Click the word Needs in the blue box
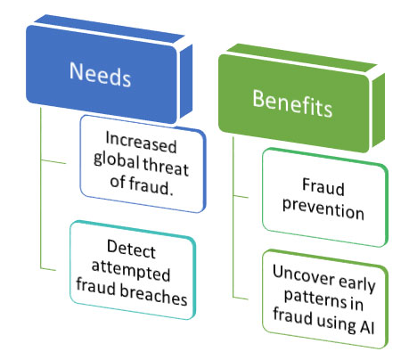[100, 74]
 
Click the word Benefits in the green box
[292, 102]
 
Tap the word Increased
[141, 143]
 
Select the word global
[116, 160]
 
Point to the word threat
[166, 167]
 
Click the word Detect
[131, 249]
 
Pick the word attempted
[131, 270]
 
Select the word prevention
[323, 209]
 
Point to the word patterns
[315, 299]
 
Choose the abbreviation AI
[367, 326]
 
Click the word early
[357, 283]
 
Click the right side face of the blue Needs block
[186, 81]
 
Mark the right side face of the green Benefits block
[379, 110]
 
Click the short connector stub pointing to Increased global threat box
[53, 161]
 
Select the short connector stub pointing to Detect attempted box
[48, 269]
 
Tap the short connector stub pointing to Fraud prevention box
[241, 196]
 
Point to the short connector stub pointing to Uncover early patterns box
[241, 298]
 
